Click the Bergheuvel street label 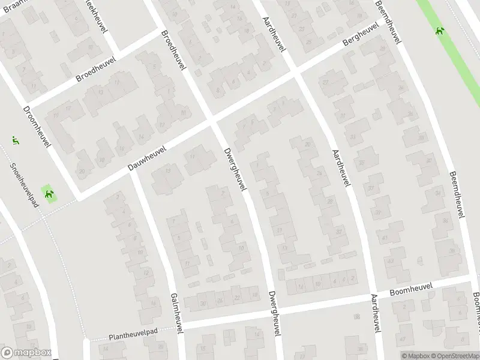[x=361, y=37]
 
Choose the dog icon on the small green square [x=49, y=194]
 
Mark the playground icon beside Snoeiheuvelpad [x=15, y=141]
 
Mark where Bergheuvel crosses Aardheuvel [x=296, y=72]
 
